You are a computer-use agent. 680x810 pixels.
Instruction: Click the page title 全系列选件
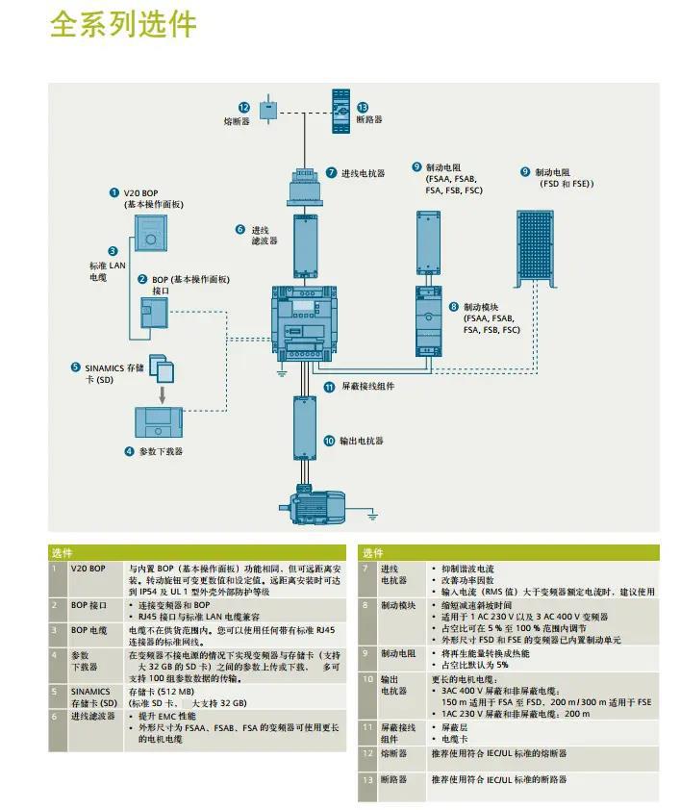[122, 25]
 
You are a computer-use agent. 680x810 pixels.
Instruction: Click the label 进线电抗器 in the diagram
[363, 173]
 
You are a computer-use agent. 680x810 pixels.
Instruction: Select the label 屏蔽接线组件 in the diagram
[367, 387]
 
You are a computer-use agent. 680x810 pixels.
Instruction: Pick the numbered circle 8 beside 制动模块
[453, 306]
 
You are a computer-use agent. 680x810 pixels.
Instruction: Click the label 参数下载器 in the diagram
[161, 451]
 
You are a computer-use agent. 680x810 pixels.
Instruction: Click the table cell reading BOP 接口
[89, 605]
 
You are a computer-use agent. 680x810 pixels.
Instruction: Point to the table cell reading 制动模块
[398, 605]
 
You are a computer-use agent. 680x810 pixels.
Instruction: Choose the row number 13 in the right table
[366, 779]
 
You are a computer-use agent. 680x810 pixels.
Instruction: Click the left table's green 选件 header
[62, 553]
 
